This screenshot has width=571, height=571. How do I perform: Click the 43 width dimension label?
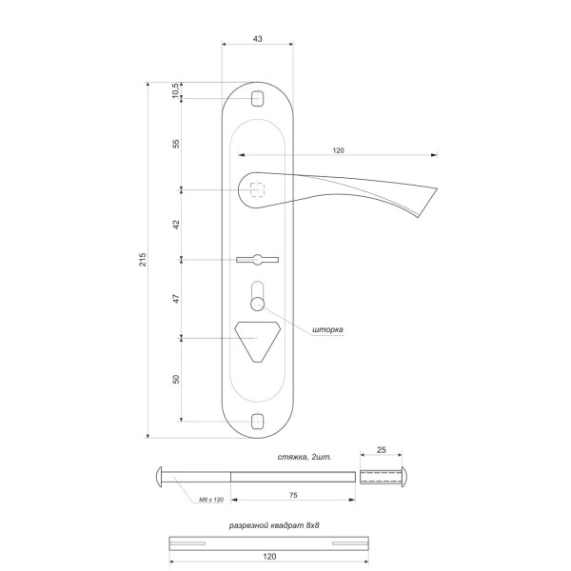click(258, 39)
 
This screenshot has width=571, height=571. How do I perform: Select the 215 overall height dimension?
click(143, 259)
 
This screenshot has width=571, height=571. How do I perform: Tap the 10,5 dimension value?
click(175, 90)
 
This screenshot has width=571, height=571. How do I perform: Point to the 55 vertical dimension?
click(176, 144)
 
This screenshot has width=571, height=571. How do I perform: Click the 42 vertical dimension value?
click(176, 225)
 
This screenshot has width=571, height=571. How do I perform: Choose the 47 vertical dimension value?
click(176, 299)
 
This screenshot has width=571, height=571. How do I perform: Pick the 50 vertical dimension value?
click(176, 379)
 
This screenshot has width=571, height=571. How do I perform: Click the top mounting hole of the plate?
click(258, 98)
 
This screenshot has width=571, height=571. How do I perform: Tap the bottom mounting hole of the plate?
click(258, 421)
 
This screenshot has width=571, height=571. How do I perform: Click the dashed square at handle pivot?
click(258, 189)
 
